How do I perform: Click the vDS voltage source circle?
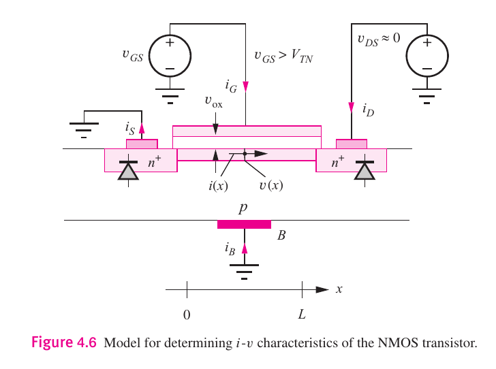click(427, 56)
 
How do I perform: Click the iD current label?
click(367, 109)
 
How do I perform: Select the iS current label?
click(129, 127)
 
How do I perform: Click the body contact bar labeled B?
click(244, 225)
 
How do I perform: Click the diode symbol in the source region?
click(128, 170)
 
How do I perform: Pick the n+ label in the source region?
click(155, 162)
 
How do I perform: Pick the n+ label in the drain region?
click(337, 162)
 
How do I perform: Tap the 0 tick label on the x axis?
click(187, 315)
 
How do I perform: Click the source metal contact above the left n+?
click(142, 144)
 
